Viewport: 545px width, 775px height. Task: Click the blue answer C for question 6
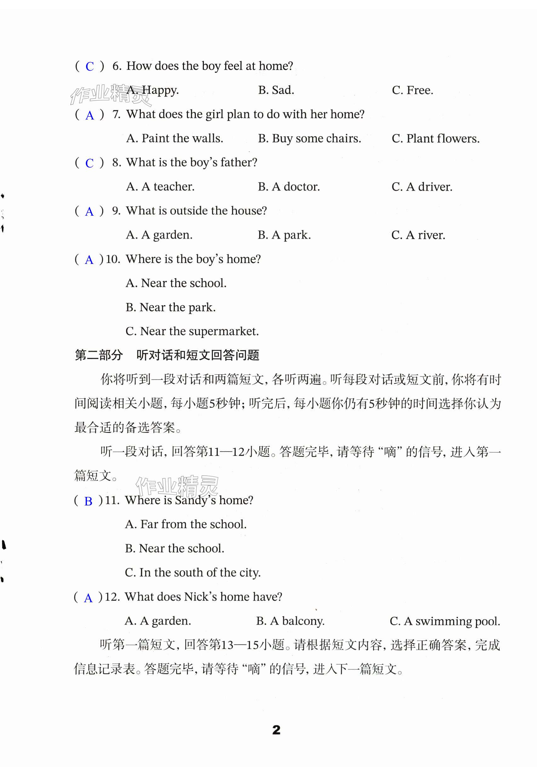tap(89, 67)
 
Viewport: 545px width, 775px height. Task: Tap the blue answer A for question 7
tap(89, 115)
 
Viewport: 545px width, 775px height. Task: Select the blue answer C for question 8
tap(89, 163)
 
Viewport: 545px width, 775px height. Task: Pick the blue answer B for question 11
tap(88, 502)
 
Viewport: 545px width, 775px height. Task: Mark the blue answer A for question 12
tap(88, 598)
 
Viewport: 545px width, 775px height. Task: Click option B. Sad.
tap(276, 90)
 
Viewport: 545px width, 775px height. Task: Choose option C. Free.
tap(412, 90)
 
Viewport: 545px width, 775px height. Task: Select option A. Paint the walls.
tap(174, 138)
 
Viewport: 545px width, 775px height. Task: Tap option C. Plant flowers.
tap(435, 138)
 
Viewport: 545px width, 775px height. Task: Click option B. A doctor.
tap(289, 187)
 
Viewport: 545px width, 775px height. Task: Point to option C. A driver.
tap(422, 187)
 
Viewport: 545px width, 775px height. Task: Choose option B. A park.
tap(284, 235)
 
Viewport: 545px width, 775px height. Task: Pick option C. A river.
tap(418, 235)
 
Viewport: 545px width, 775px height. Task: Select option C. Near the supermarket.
tap(192, 331)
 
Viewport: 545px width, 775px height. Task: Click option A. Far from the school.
tap(186, 524)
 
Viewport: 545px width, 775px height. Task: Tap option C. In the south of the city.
tap(192, 573)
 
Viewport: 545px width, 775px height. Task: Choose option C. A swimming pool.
tap(445, 621)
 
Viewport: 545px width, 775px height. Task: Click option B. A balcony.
tap(290, 621)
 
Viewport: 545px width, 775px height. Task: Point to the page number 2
tap(276, 730)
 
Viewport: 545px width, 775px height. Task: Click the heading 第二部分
tap(99, 355)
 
